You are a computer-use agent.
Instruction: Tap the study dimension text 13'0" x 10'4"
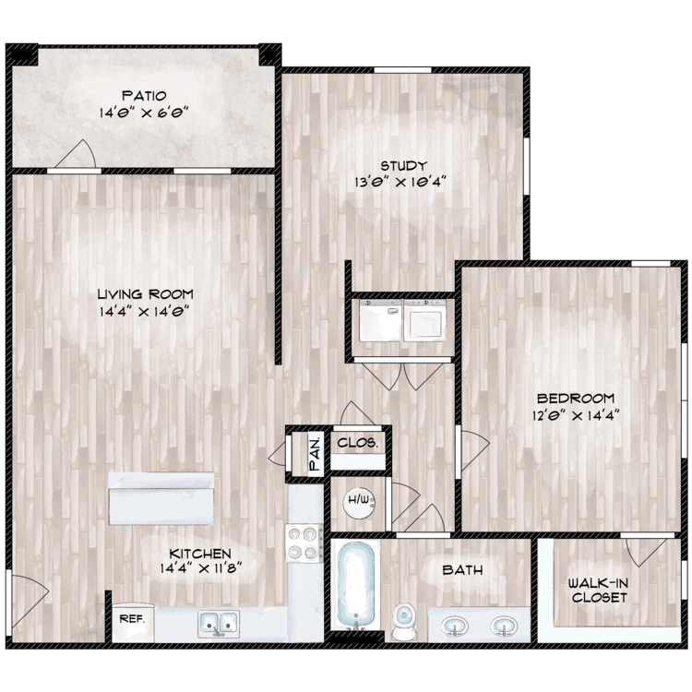pyautogui.click(x=400, y=182)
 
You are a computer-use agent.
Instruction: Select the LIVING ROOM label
pyautogui.click(x=145, y=294)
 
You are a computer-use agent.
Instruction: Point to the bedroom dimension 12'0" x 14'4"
pyautogui.click(x=576, y=415)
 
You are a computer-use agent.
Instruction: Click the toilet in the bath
pyautogui.click(x=404, y=621)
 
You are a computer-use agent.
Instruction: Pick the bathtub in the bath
pyautogui.click(x=356, y=586)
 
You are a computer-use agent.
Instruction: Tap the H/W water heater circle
pyautogui.click(x=359, y=500)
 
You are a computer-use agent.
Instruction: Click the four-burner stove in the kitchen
pyautogui.click(x=304, y=543)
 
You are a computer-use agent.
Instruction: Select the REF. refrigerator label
pyautogui.click(x=132, y=619)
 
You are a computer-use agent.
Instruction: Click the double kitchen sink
pyautogui.click(x=219, y=624)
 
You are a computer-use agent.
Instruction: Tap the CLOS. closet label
pyautogui.click(x=357, y=443)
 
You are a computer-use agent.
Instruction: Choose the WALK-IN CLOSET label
pyautogui.click(x=599, y=591)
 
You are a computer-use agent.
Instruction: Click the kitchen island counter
pyautogui.click(x=161, y=498)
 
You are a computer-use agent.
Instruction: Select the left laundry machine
pyautogui.click(x=380, y=320)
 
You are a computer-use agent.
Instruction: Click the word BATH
pyautogui.click(x=462, y=570)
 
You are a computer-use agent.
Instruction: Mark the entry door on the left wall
pyautogui.click(x=28, y=601)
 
